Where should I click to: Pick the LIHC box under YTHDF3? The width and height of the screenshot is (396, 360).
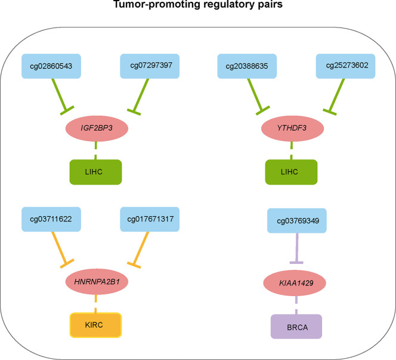coord(291,172)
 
